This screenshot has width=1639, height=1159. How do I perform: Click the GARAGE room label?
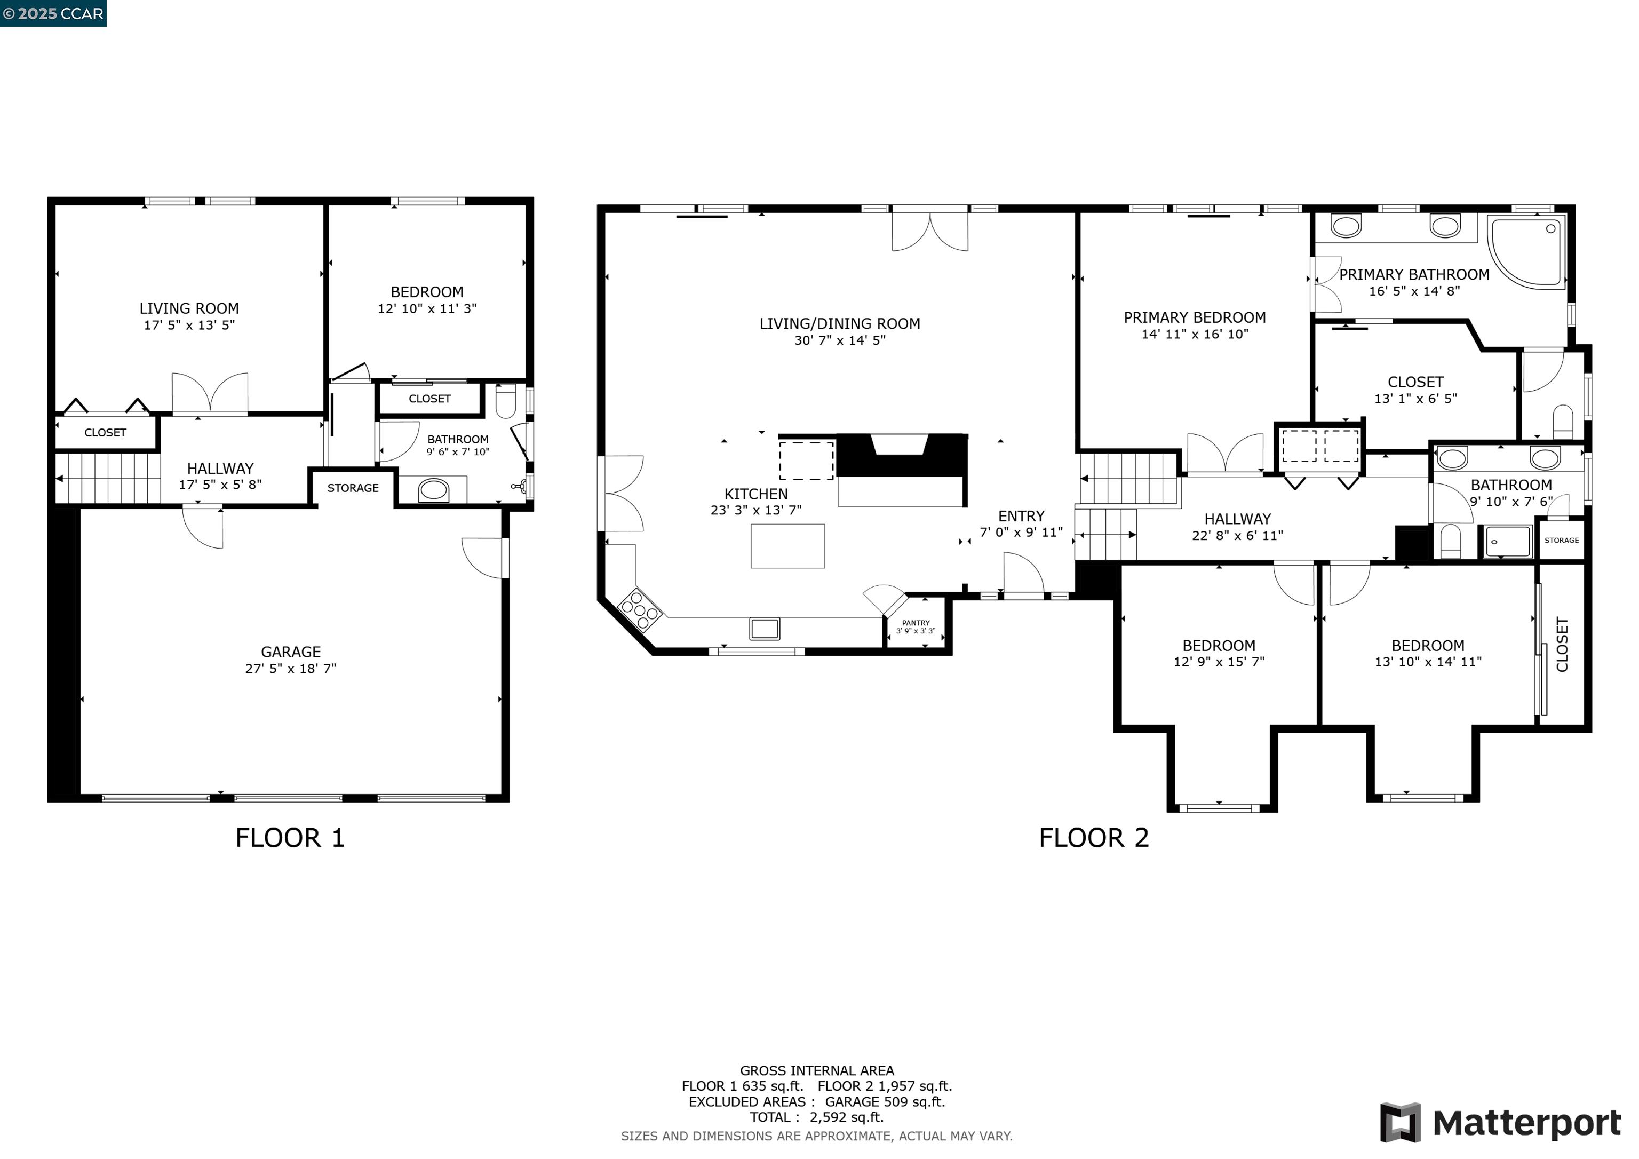coord(291,652)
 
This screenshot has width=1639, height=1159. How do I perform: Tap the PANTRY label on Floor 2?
coord(916,623)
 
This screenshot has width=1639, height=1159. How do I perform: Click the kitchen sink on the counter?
coord(765,629)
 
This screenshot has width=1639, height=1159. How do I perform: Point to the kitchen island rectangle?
coord(787,546)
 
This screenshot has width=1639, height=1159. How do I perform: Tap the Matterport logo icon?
coord(1400,1123)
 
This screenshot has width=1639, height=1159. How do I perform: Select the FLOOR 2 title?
coord(1094,838)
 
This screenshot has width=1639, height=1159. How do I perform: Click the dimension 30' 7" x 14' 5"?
coord(839,340)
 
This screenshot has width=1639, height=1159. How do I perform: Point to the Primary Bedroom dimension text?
coord(1194,334)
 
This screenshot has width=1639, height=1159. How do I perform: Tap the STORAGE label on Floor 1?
coord(353,488)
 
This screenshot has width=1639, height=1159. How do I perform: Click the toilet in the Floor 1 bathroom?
coord(505,401)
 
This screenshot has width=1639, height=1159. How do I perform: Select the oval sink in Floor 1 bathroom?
coord(433,490)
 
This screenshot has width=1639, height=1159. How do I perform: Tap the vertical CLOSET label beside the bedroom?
coord(1562,644)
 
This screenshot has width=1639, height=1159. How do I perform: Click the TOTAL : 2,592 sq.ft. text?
coord(817,1117)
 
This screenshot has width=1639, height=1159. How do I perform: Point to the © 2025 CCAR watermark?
coord(53,13)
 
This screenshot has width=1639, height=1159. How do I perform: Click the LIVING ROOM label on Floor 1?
coord(189,308)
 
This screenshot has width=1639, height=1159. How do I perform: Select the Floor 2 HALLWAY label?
coord(1237,519)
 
